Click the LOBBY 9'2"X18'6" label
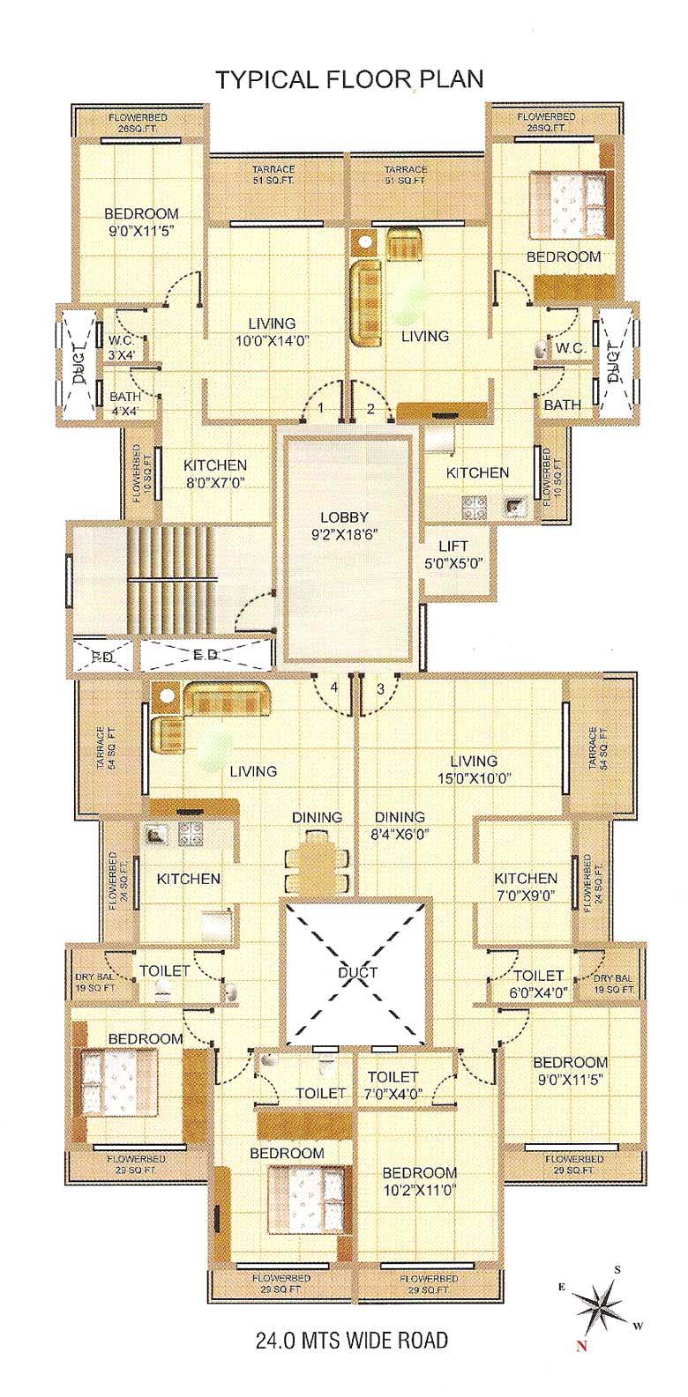(344, 525)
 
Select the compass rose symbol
(599, 1304)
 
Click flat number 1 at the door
(321, 408)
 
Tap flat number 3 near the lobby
(381, 688)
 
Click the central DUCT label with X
(357, 972)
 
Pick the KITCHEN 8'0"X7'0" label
(214, 473)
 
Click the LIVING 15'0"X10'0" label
(473, 769)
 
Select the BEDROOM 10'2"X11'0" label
(419, 1180)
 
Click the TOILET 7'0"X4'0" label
(393, 1084)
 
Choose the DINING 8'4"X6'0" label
(399, 824)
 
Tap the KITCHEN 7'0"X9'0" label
(525, 886)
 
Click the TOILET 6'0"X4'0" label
(538, 983)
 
